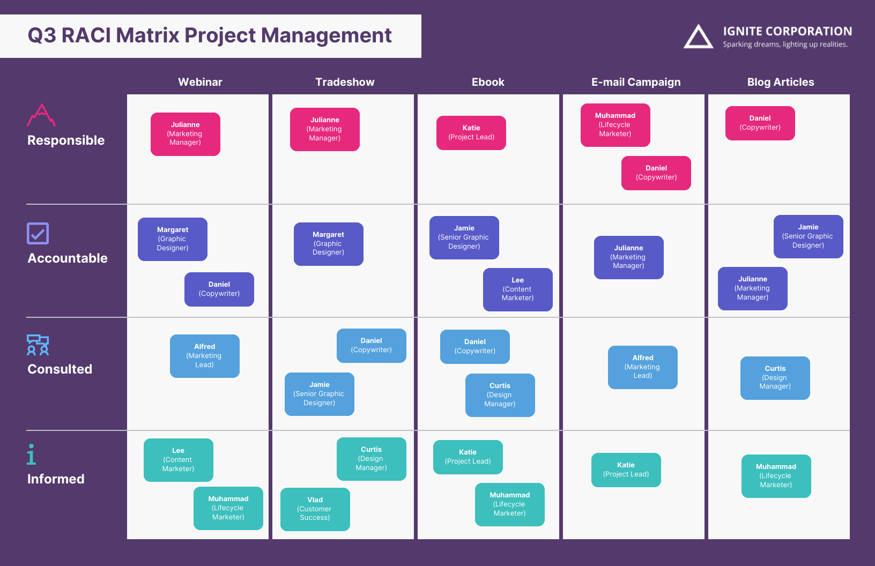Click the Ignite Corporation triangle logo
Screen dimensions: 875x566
pos(698,37)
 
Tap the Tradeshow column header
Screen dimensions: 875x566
pos(345,82)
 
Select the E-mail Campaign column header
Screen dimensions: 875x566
pos(636,82)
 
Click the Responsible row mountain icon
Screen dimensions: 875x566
pos(41,115)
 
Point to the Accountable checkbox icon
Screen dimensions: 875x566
pos(38,233)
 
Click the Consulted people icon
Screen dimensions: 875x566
pos(38,345)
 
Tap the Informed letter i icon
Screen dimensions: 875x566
pos(32,454)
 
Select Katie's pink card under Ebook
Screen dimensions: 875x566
pos(471,133)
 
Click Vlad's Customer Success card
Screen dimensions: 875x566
pos(315,509)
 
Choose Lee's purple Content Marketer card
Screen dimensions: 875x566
pos(518,289)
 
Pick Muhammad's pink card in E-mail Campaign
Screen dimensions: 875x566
pos(616,125)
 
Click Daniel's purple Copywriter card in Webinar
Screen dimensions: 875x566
pos(219,289)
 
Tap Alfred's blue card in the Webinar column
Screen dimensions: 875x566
pos(205,356)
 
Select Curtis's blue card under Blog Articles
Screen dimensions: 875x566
pos(775,378)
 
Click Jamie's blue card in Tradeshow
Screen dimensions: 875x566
pos(320,394)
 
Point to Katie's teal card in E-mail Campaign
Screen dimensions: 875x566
pos(626,470)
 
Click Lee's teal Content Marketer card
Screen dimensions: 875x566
pos(179,460)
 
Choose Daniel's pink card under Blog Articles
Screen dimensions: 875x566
pos(760,123)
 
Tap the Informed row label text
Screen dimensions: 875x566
pos(56,479)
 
